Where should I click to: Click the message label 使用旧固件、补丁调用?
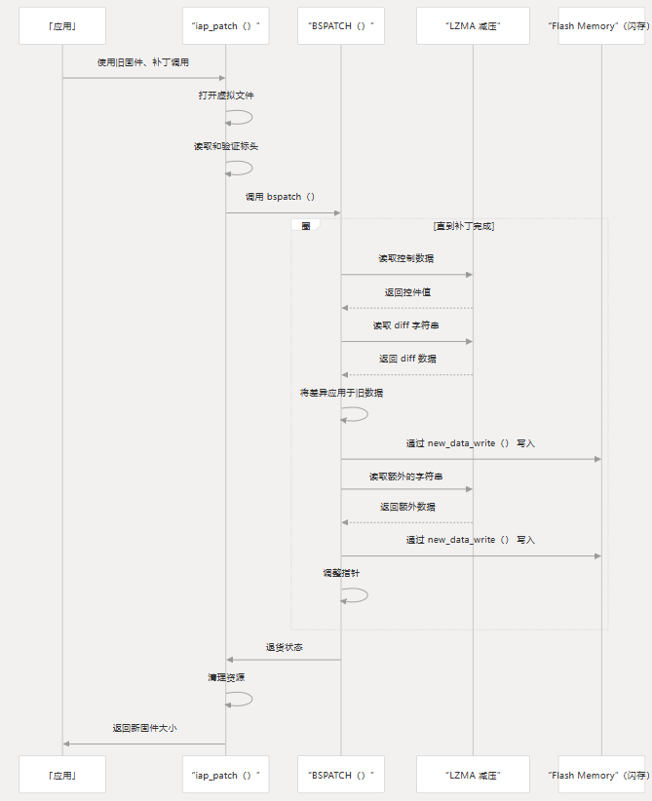pyautogui.click(x=143, y=61)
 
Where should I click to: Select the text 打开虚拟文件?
pyautogui.click(x=226, y=95)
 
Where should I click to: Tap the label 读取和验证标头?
pyautogui.click(x=226, y=145)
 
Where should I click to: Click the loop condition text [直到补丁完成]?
pyautogui.click(x=464, y=225)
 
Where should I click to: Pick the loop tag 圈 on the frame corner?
pyautogui.click(x=305, y=225)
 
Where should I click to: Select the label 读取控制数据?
pyautogui.click(x=406, y=258)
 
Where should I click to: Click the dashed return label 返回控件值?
pyautogui.click(x=406, y=291)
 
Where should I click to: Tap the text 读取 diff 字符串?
pyautogui.click(x=406, y=325)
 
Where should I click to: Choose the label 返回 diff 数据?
pyautogui.click(x=406, y=359)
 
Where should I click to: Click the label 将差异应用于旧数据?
pyautogui.click(x=341, y=392)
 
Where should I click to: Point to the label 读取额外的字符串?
pyautogui.click(x=406, y=477)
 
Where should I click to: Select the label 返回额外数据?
pyautogui.click(x=406, y=507)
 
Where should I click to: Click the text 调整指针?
pyautogui.click(x=341, y=573)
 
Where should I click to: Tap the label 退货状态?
pyautogui.click(x=284, y=646)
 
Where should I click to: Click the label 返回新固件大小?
pyautogui.click(x=143, y=728)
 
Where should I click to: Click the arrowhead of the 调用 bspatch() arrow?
pyautogui.click(x=337, y=212)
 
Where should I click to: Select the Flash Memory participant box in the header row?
pyautogui.click(x=601, y=26)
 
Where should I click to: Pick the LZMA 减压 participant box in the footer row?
pyautogui.click(x=473, y=775)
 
